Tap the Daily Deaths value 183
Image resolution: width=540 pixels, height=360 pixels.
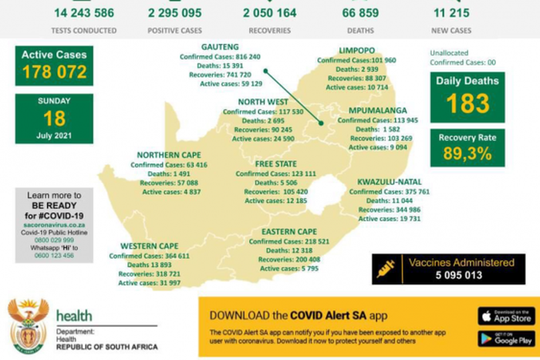[467, 103]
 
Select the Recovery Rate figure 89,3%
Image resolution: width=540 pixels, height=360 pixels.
[467, 153]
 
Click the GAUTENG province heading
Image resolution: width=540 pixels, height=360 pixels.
[220, 47]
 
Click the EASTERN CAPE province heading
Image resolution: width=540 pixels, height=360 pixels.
[289, 231]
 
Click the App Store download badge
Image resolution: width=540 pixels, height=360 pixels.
[506, 315]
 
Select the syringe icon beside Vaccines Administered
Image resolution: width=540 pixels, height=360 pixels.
[384, 268]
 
